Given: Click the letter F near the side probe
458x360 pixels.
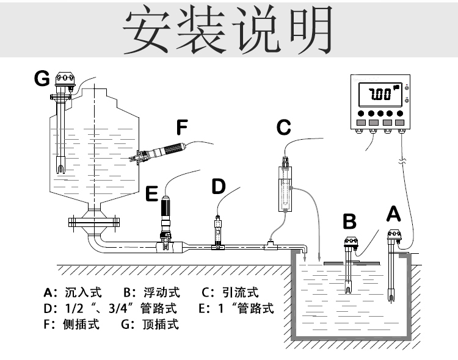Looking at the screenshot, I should click(181, 127).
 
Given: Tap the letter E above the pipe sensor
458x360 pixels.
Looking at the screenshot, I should click(152, 195).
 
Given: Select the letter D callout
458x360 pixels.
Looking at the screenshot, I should click(218, 187).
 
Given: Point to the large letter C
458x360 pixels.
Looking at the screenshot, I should click(283, 128).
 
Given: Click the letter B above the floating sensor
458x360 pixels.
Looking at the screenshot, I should click(349, 220).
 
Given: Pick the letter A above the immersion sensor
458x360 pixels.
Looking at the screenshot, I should click(394, 214).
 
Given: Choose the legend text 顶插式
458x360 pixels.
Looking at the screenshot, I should click(161, 325).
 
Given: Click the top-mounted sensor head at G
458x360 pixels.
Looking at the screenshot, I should click(64, 80).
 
